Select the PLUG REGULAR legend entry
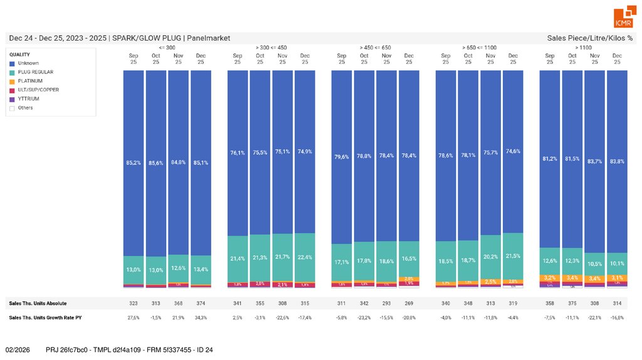[x=35, y=72]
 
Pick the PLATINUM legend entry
[x=30, y=81]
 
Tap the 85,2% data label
[x=134, y=162]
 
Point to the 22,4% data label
[x=305, y=258]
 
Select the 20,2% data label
[x=490, y=256]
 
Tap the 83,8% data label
[x=617, y=161]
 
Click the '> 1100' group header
[x=583, y=47]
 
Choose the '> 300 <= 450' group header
[x=271, y=47]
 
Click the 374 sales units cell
[x=201, y=304]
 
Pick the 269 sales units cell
[x=409, y=304]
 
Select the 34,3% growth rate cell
[x=201, y=318]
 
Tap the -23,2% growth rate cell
[x=364, y=318]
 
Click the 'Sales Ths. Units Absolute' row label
[x=38, y=304]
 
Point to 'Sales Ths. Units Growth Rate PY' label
[x=45, y=318]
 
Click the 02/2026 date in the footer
[x=18, y=349]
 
